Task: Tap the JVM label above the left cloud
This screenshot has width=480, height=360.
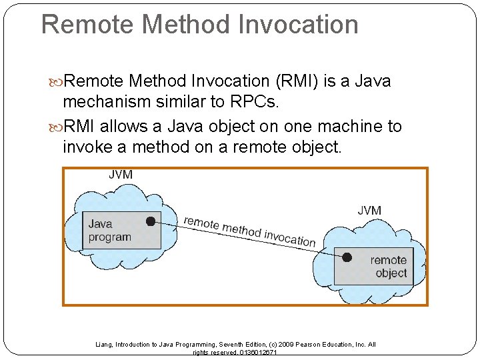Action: coord(121,175)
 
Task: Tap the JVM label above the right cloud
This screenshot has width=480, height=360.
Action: coord(369,210)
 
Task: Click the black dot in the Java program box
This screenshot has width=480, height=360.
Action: coord(151,221)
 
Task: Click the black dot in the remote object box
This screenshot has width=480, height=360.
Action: coord(347,257)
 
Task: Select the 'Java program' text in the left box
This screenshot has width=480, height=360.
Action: coord(109,231)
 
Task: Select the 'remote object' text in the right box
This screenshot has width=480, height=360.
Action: coord(389,267)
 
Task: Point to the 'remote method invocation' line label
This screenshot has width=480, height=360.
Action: coord(249,231)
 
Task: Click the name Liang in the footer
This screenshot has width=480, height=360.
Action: coord(105,345)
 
